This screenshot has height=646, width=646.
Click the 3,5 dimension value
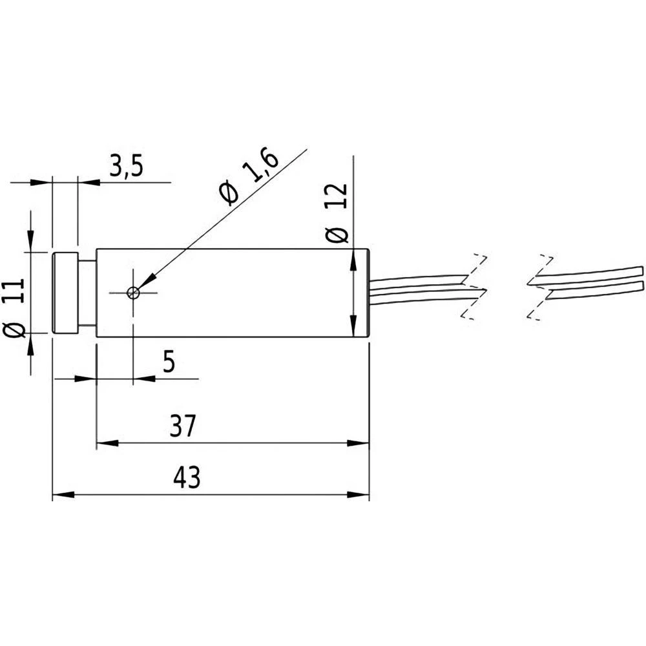[x=125, y=167]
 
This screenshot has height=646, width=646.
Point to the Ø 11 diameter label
[x=15, y=307]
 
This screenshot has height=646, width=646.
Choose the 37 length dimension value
[x=182, y=427]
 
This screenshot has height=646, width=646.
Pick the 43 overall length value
[x=187, y=479]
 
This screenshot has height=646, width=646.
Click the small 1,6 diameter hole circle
[x=133, y=293]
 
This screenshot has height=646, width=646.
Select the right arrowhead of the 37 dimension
[x=359, y=444]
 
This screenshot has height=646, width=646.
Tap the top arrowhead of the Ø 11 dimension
[x=30, y=242]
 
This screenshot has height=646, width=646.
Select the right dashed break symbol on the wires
[x=540, y=286]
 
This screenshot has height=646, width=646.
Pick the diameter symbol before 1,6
[x=229, y=193]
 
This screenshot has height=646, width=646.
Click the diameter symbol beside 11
[x=15, y=330]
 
